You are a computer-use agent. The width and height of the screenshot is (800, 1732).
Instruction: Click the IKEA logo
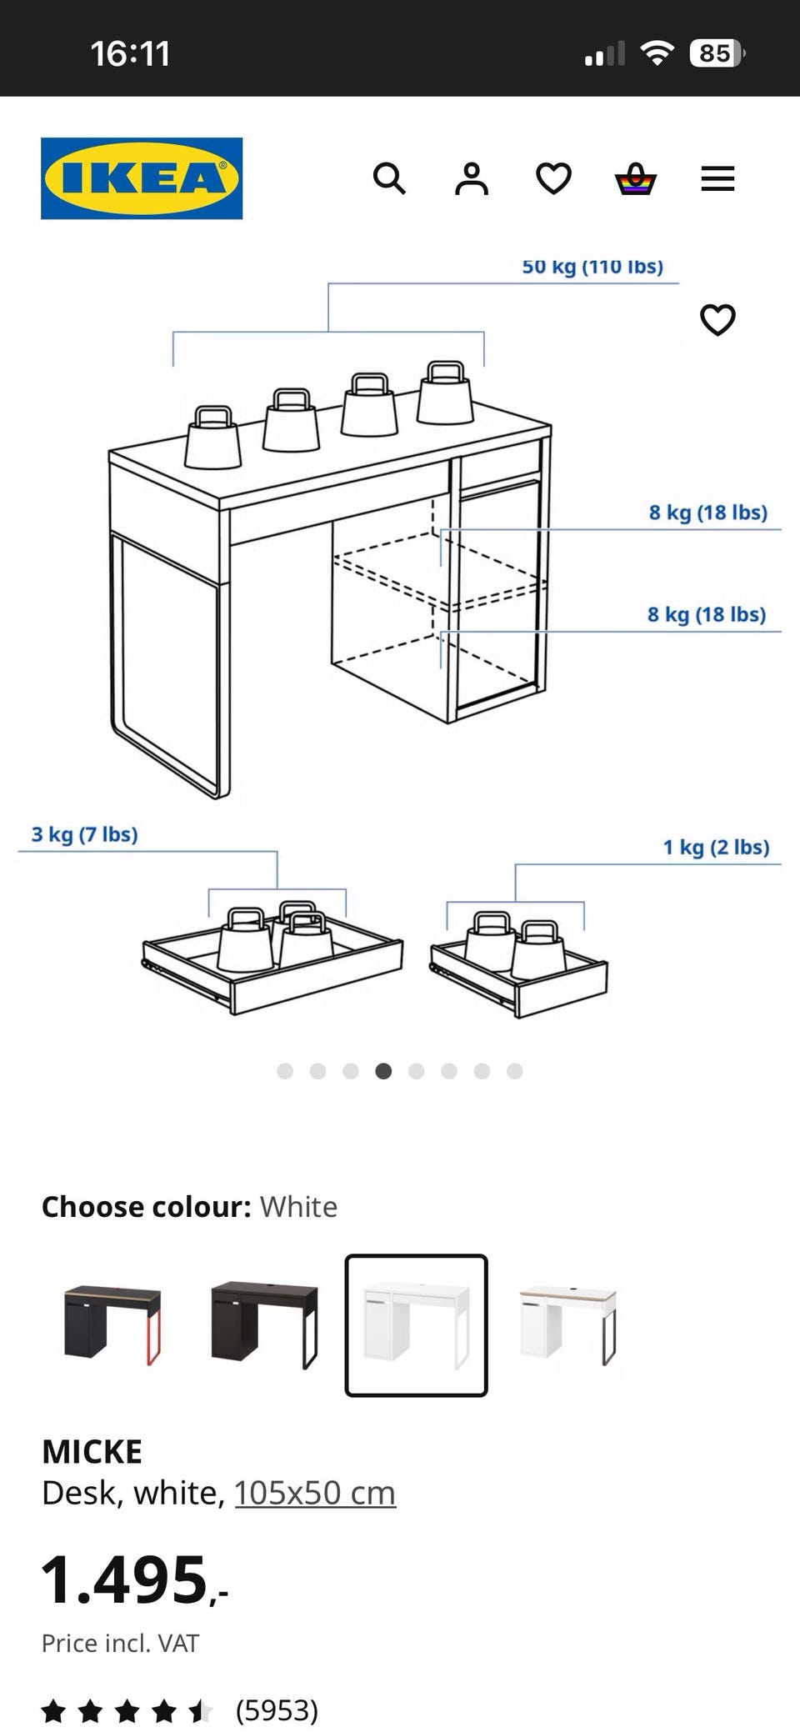(142, 178)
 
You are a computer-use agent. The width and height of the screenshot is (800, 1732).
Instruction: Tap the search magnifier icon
(389, 178)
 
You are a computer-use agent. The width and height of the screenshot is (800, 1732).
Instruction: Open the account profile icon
(472, 178)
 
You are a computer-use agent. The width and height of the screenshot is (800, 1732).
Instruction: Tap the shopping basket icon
(636, 178)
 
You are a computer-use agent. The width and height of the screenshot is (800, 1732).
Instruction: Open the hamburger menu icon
(717, 178)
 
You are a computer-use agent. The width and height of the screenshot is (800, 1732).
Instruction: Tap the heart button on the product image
(717, 319)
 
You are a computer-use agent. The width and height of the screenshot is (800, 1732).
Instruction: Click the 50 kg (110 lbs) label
(592, 267)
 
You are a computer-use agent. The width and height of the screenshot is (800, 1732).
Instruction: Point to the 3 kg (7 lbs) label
(84, 834)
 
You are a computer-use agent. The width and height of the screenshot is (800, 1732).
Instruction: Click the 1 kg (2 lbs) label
(716, 848)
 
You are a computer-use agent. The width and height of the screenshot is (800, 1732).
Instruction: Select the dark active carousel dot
(383, 1071)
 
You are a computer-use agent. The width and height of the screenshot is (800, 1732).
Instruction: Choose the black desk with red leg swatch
(112, 1325)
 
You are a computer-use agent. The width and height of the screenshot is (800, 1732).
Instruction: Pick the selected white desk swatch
(416, 1325)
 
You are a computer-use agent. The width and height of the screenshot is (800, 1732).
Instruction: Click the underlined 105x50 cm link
(315, 1493)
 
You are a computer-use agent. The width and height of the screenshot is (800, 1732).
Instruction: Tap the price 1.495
(134, 1579)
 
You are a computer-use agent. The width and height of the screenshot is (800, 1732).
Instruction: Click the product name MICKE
(92, 1452)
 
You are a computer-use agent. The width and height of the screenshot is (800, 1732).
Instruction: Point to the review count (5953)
(277, 1710)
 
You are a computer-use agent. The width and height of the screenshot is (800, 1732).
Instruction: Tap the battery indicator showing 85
(717, 53)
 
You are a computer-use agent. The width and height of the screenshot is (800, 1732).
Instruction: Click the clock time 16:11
(130, 54)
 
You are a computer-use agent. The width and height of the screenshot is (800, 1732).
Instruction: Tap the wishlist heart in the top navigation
(553, 178)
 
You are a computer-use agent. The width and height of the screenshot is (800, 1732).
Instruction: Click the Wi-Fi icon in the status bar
(657, 53)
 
